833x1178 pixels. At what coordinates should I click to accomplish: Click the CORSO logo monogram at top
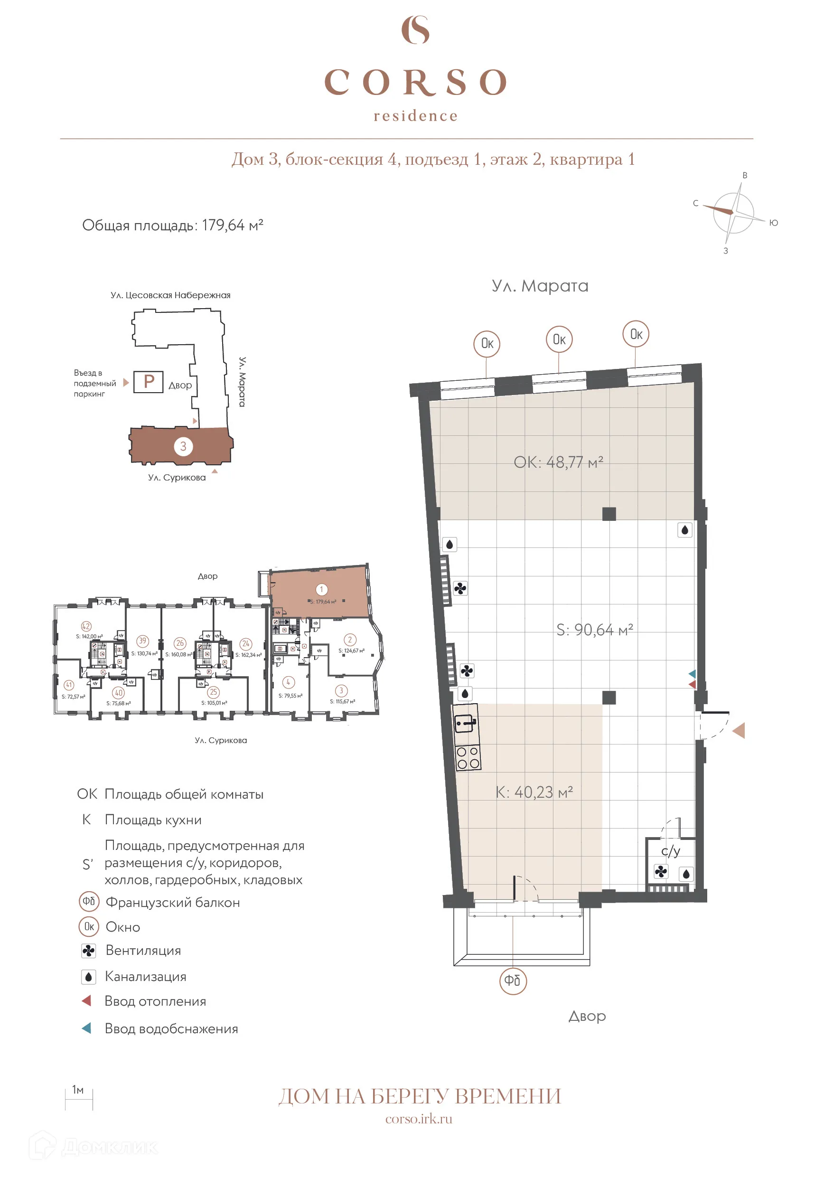(415, 29)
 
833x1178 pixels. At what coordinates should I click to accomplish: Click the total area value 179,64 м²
(233, 225)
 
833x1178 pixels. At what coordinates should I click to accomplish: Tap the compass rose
(733, 212)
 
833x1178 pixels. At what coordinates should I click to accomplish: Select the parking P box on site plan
(148, 382)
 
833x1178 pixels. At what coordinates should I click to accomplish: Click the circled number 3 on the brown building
(183, 446)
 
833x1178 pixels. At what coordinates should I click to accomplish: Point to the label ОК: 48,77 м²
(558, 462)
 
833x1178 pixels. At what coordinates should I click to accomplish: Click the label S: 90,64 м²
(594, 630)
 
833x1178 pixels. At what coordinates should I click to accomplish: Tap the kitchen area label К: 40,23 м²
(534, 792)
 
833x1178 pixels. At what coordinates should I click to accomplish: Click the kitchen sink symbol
(466, 724)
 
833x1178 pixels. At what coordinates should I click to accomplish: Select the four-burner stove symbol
(467, 757)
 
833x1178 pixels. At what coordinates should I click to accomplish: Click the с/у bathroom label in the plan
(670, 851)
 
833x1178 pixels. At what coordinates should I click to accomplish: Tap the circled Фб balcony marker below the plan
(513, 980)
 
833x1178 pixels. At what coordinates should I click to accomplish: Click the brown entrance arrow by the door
(739, 730)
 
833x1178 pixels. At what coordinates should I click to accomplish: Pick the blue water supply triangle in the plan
(692, 673)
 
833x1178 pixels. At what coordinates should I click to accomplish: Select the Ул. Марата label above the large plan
(540, 286)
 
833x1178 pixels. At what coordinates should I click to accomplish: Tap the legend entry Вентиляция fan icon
(88, 951)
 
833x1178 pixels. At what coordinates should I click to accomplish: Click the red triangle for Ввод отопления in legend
(87, 1000)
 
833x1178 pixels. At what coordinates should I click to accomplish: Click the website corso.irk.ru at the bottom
(419, 1119)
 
